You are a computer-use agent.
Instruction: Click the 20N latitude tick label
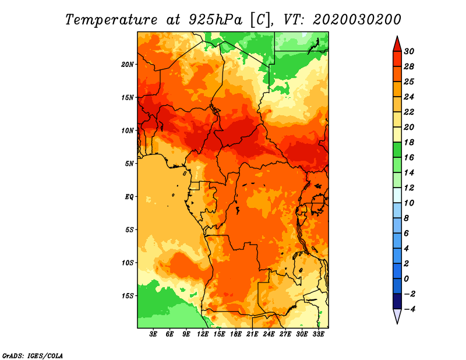pos(127,65)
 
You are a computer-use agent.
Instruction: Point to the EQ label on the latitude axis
pos(129,197)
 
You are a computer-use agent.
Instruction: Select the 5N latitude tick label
pos(129,164)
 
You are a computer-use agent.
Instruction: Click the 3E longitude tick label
pos(153,334)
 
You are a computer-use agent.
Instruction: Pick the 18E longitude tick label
pos(236,334)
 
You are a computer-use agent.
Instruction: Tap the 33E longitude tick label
pos(318,334)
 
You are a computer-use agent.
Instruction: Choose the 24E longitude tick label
pos(269,334)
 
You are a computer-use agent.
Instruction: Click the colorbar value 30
pos(409,51)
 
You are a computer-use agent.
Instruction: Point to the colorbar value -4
pos(409,309)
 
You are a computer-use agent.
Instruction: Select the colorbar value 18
pos(409,142)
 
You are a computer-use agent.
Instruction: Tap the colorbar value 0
pos(406,279)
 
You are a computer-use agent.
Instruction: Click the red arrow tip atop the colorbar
pos(397,37)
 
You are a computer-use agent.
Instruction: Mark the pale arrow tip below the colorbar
pos(397,323)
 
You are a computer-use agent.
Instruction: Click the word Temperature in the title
pos(111,20)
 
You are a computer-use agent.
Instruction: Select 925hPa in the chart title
pos(216,20)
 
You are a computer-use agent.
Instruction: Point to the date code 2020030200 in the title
pos(357,20)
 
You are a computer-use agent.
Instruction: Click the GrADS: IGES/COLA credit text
pos(33,355)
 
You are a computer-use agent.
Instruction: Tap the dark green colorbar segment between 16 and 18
pos(397,150)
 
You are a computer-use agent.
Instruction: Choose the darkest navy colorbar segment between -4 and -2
pos(397,301)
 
